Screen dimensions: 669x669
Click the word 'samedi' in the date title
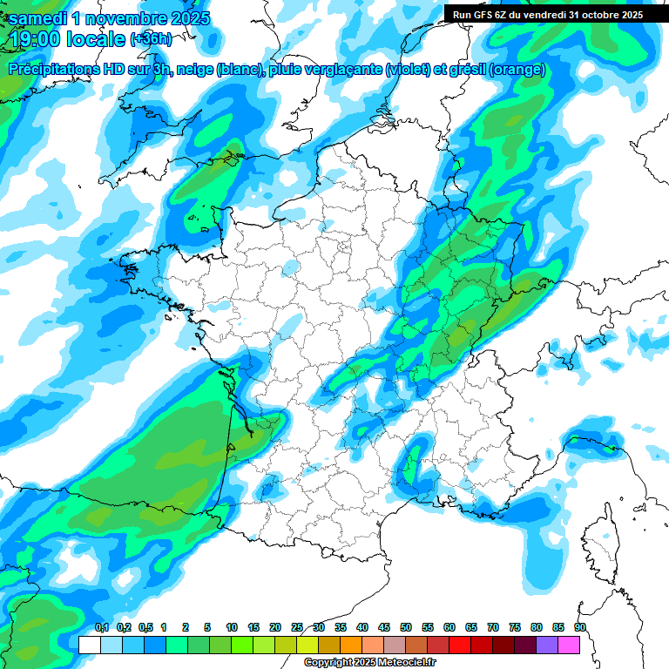pos(40,17)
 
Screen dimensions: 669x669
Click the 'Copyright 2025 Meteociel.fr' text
pos(369,663)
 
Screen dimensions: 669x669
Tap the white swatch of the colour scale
pos(89,645)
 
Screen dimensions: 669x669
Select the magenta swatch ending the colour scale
pos(569,645)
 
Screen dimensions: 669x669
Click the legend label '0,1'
pos(102,627)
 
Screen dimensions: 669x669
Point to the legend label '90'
pos(580,627)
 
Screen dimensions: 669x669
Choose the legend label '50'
pos(406,627)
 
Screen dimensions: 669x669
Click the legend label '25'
pos(297,627)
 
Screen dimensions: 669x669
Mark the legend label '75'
pos(515,627)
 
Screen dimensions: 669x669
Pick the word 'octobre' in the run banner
pos(599,15)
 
